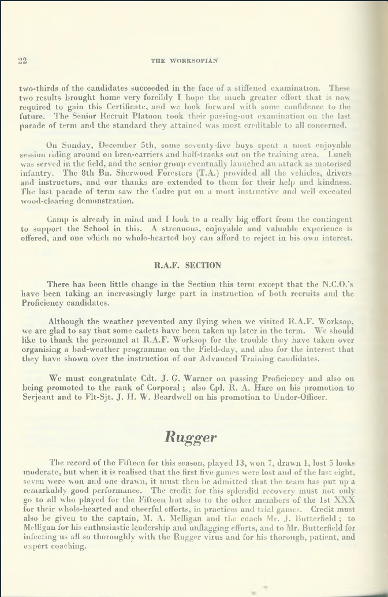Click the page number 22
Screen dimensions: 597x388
pyautogui.click(x=23, y=61)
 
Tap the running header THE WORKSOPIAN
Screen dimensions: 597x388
pyautogui.click(x=185, y=61)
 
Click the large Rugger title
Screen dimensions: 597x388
pyautogui.click(x=191, y=436)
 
